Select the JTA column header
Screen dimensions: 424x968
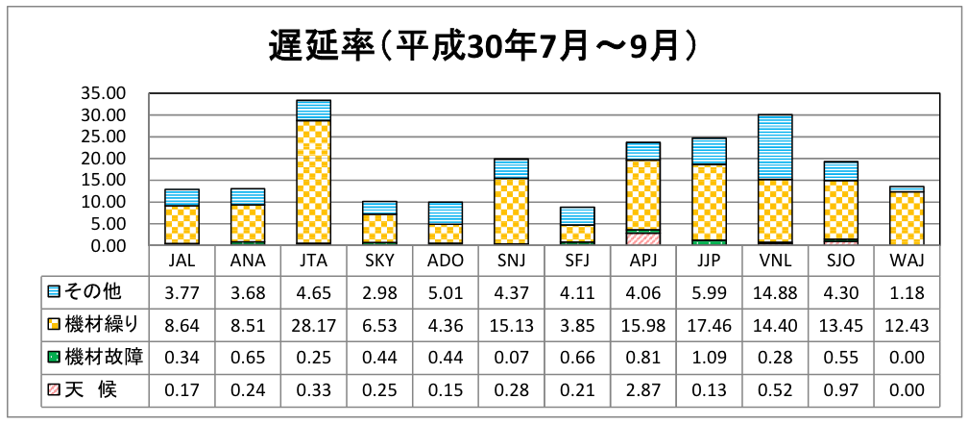314,261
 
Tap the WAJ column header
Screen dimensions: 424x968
906,261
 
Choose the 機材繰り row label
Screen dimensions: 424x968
102,325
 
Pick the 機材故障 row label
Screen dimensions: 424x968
102,358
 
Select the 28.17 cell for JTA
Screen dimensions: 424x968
314,325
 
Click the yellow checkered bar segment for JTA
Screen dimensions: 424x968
314,182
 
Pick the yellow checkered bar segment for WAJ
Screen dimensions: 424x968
906,218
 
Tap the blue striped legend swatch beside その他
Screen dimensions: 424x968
54,291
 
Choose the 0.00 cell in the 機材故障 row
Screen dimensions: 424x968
906,358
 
